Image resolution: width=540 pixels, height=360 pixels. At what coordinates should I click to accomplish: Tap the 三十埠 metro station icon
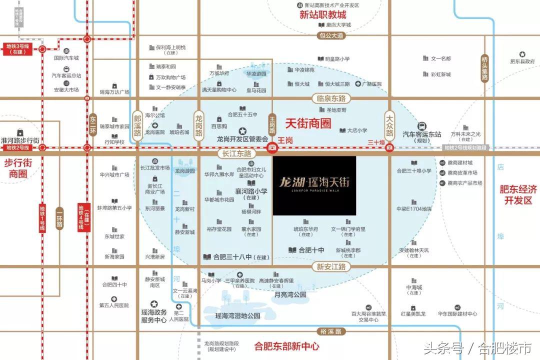(x=389, y=147)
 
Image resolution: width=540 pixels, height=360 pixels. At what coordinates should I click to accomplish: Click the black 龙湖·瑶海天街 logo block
(x=314, y=185)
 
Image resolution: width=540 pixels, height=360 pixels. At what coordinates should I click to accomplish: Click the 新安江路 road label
(x=331, y=267)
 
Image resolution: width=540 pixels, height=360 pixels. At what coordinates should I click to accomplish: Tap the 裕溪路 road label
(x=331, y=331)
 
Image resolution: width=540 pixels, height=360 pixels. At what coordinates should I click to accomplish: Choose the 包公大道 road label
(x=331, y=35)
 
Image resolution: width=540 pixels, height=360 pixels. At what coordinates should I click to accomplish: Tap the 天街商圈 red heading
(x=308, y=122)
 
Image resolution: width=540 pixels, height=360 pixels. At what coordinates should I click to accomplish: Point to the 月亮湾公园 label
(x=290, y=295)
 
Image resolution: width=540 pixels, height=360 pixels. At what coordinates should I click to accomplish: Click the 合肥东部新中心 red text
(x=286, y=345)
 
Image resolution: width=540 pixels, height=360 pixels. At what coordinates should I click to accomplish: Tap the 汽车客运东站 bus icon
(x=422, y=125)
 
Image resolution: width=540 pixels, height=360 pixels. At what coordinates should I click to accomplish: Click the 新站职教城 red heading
(x=322, y=14)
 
